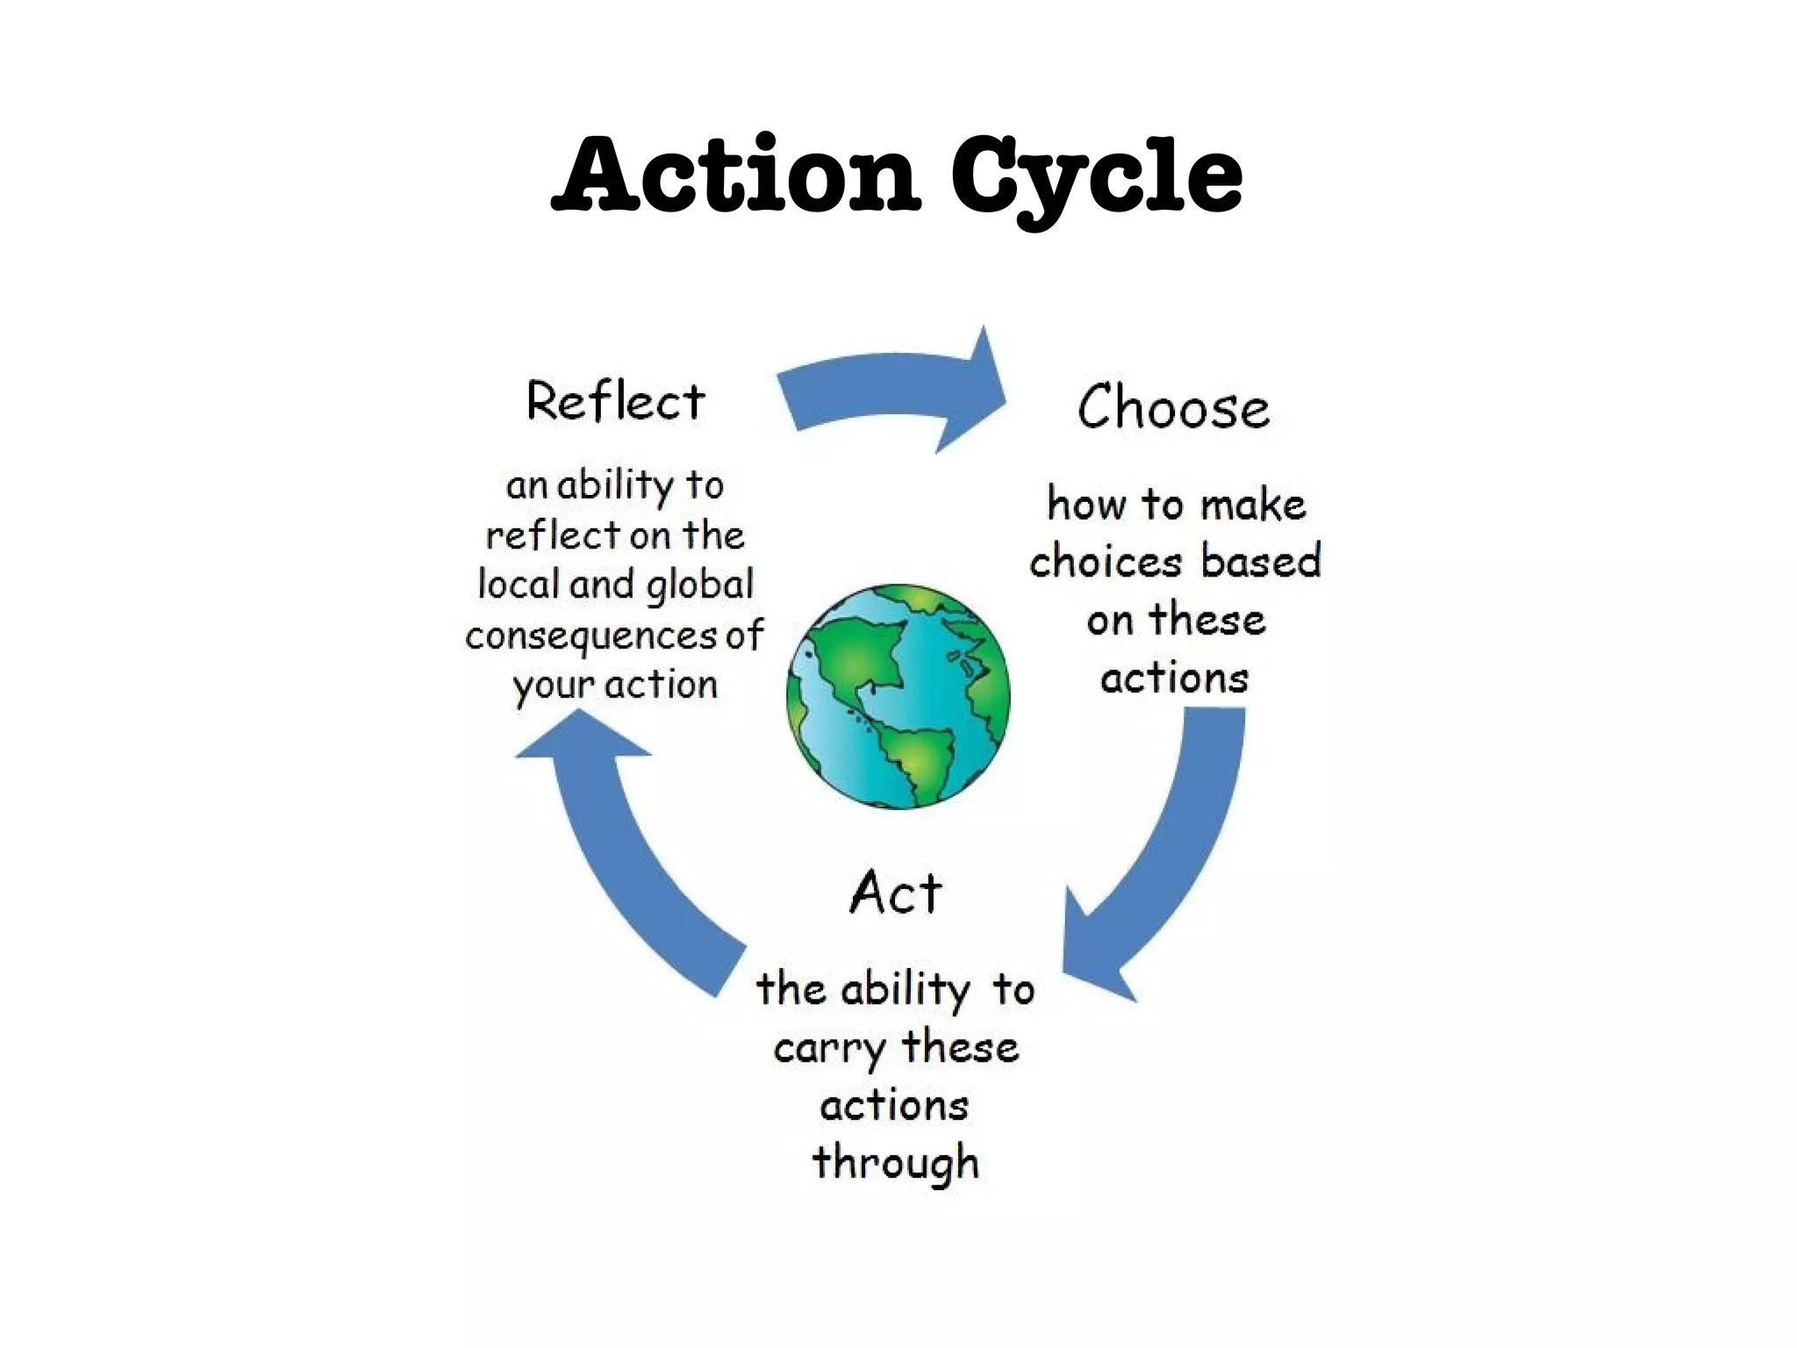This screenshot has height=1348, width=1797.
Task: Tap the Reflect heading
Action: point(615,402)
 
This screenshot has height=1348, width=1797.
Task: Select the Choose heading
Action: point(1173,408)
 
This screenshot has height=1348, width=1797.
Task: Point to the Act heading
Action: point(896,893)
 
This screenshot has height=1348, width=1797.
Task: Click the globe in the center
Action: point(898,696)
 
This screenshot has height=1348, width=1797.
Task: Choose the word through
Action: point(895,1163)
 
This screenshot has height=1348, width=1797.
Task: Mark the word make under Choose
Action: point(1253,505)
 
